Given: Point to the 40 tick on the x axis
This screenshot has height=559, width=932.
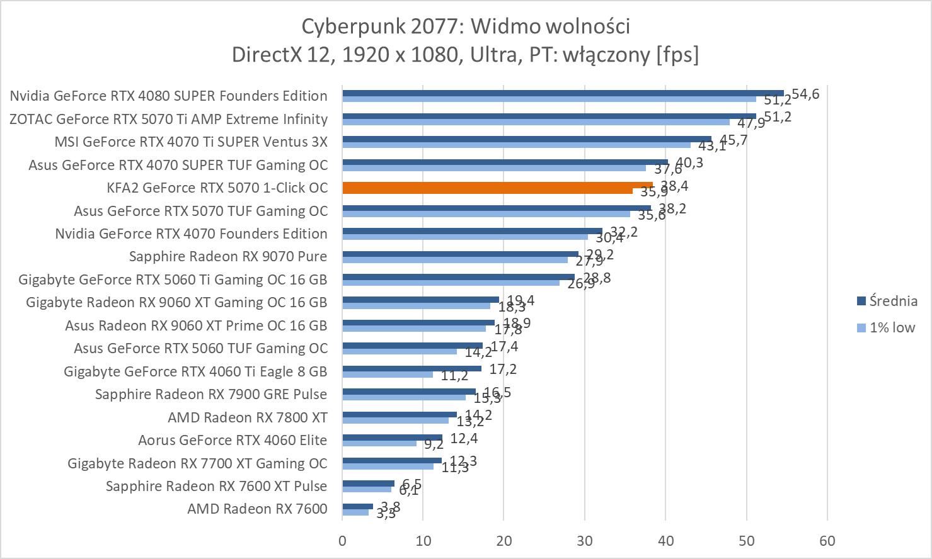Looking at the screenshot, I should (665, 541).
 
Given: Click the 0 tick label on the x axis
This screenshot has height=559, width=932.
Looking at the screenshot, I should (342, 541).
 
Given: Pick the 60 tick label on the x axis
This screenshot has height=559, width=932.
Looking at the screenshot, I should (827, 541).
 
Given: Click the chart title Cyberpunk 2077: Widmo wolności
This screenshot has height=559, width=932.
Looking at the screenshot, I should (466, 26).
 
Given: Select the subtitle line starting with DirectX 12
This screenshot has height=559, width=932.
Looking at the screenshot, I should (466, 55).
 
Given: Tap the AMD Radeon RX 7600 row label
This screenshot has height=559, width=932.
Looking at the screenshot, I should (257, 509).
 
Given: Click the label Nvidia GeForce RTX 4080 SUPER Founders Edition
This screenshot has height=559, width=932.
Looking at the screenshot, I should (169, 96).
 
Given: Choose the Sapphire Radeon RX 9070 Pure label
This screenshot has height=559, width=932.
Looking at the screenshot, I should (228, 256).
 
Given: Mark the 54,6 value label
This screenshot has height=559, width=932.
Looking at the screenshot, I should (805, 94).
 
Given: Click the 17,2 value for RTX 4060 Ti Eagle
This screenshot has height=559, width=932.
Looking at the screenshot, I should (503, 369).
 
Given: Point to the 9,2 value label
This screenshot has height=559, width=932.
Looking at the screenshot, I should (434, 444).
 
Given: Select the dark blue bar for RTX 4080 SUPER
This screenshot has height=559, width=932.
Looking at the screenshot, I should (563, 93).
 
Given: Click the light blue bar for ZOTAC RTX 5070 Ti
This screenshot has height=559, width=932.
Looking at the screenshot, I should (536, 122).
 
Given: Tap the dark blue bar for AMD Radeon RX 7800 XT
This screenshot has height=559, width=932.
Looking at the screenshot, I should (400, 414).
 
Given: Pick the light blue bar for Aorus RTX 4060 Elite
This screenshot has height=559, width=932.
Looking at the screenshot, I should (379, 443).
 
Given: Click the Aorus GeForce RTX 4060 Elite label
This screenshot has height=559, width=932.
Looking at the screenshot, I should (233, 440).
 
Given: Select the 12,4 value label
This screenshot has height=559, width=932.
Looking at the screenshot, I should (464, 438).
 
